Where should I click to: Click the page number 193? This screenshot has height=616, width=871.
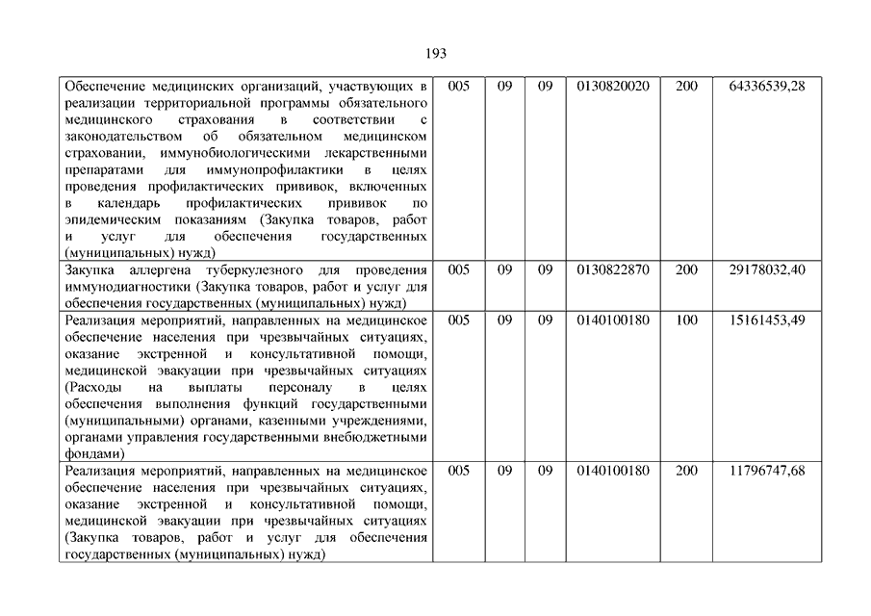pyautogui.click(x=435, y=53)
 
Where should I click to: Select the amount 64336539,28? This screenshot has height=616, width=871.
pyautogui.click(x=766, y=87)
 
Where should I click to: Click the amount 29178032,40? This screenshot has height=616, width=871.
pyautogui.click(x=766, y=269)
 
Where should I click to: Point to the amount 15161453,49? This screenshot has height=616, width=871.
pyautogui.click(x=766, y=320)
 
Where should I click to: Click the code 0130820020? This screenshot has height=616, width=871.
pyautogui.click(x=613, y=87)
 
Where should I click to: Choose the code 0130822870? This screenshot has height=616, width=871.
pyautogui.click(x=613, y=269)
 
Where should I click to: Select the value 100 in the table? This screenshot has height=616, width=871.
pyautogui.click(x=686, y=320)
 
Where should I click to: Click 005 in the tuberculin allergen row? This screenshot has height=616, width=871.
pyautogui.click(x=459, y=269)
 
